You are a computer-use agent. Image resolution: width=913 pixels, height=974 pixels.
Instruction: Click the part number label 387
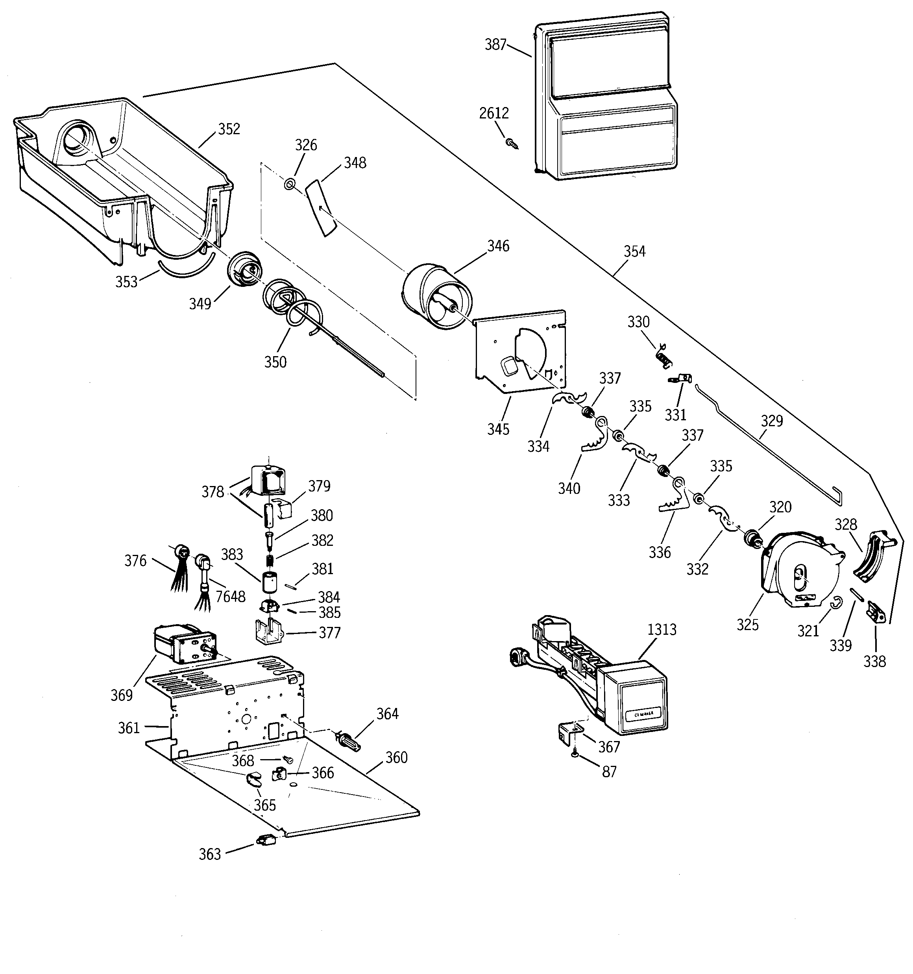(495, 44)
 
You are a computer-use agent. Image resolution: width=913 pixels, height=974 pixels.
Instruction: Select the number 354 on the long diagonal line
(634, 251)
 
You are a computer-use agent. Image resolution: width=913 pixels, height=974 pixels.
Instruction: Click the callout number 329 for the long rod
(772, 420)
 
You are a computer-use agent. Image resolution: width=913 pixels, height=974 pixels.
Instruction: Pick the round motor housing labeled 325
(799, 571)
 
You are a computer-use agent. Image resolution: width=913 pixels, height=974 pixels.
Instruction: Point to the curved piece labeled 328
(872, 558)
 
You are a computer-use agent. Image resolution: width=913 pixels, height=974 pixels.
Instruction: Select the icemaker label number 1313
(662, 630)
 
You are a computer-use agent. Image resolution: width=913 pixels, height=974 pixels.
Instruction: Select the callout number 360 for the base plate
(396, 758)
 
